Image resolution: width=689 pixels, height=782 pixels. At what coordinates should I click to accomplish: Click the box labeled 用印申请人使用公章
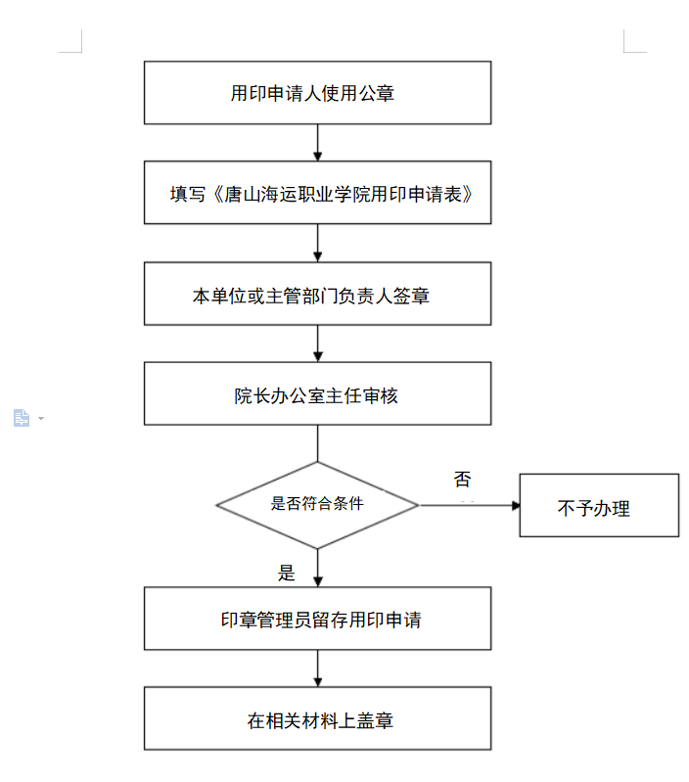click(x=317, y=93)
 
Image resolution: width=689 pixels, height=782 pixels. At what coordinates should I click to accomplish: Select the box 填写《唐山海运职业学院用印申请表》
click(x=317, y=193)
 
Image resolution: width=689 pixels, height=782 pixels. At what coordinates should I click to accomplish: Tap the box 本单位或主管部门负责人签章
click(x=317, y=294)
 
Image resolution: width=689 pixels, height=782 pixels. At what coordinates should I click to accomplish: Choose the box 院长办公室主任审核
click(x=317, y=393)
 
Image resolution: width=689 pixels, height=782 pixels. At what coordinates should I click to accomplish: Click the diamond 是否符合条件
click(x=317, y=505)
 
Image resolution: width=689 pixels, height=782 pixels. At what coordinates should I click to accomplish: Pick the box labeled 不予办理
click(x=599, y=505)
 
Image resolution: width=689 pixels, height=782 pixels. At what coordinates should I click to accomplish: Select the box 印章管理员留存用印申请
click(x=317, y=619)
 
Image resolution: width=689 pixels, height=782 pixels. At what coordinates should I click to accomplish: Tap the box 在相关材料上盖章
click(x=317, y=718)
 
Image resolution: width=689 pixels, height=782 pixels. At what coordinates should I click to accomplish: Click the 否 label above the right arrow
click(x=463, y=480)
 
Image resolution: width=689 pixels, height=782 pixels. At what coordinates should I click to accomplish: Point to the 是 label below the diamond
click(x=287, y=573)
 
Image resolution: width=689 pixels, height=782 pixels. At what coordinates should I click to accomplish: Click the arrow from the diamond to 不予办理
click(x=470, y=505)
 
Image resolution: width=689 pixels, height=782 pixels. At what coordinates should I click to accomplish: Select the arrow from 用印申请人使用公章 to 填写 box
click(x=317, y=143)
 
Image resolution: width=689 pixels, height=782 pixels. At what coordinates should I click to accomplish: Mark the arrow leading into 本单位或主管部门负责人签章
click(x=317, y=243)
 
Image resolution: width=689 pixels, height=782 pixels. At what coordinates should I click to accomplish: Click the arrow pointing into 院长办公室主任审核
click(x=317, y=344)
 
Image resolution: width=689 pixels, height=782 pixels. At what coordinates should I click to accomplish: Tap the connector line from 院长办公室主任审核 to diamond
click(x=317, y=443)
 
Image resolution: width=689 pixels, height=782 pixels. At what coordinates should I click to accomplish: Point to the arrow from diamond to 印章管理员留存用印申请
click(x=317, y=568)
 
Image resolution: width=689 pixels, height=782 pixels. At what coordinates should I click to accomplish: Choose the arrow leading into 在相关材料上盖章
click(x=317, y=668)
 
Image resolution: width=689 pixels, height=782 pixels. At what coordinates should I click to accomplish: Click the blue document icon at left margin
click(x=21, y=418)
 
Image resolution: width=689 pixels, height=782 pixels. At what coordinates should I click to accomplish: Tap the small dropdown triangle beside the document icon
click(x=41, y=418)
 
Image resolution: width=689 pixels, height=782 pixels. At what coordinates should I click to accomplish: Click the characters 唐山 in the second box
click(x=242, y=194)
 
